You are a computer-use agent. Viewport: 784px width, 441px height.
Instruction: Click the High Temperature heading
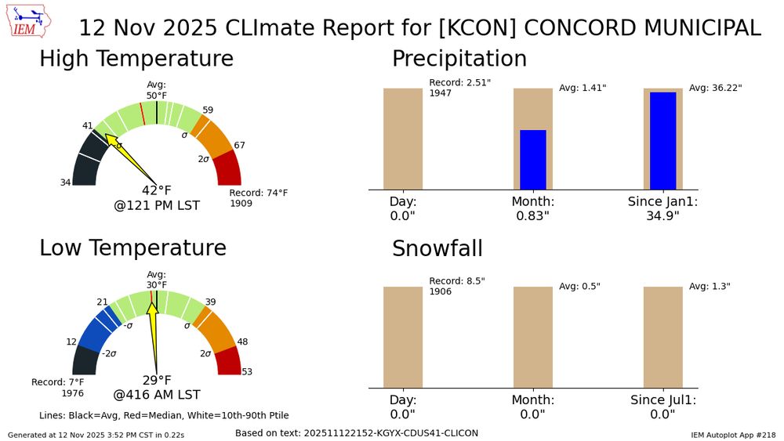coord(136,59)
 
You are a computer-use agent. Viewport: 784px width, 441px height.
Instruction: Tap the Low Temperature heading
coord(132,248)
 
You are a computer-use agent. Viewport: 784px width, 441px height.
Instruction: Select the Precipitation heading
coord(459,59)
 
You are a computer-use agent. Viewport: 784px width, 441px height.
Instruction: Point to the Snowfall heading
coord(437,248)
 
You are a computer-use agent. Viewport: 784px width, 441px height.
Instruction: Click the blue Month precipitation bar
coord(533,159)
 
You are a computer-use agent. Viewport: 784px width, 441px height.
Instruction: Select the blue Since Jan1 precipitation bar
coord(662,140)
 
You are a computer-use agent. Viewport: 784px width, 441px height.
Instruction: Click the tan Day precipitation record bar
coord(403,139)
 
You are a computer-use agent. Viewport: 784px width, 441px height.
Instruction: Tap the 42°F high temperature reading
coord(157,190)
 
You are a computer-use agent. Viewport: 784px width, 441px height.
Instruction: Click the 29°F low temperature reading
coord(157,380)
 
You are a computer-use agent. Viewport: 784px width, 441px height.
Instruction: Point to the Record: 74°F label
coord(259,193)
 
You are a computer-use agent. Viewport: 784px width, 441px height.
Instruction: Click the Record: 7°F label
coord(57,382)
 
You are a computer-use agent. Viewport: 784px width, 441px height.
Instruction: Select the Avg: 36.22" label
coord(715,89)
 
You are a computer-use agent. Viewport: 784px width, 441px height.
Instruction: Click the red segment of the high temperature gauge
coord(228,168)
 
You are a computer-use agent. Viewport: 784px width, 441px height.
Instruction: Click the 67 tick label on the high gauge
coord(240,145)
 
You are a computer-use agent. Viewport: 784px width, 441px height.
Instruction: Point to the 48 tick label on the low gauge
coord(243,342)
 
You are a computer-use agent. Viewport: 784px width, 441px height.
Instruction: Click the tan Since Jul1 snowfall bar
coord(662,337)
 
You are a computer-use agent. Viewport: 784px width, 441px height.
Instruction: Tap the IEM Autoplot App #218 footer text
coord(733,434)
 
